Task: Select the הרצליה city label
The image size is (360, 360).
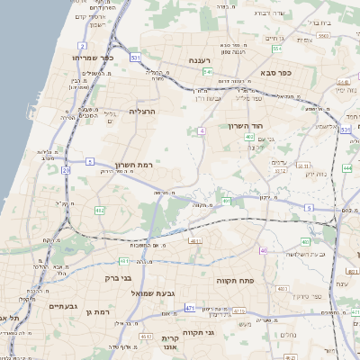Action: click(x=143, y=111)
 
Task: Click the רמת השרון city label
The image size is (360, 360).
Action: click(x=136, y=165)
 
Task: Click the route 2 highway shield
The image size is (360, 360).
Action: click(x=82, y=45)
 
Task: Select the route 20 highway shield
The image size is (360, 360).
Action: click(x=66, y=170)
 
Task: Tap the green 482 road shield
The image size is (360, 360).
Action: click(x=99, y=211)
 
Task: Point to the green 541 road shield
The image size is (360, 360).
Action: click(x=208, y=71)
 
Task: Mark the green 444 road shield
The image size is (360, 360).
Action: click(x=347, y=167)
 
